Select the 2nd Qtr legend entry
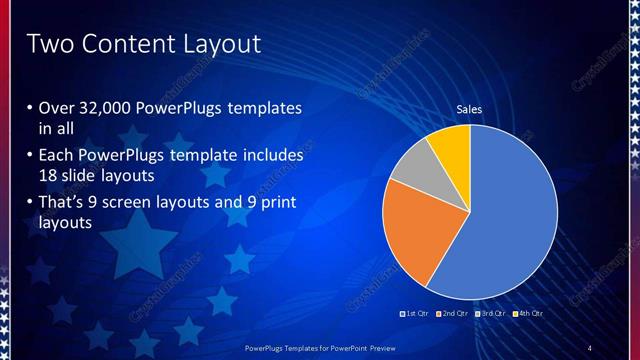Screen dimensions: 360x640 [x=455, y=314]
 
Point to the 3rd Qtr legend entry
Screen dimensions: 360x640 [x=491, y=314]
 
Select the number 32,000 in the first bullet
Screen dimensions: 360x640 [x=108, y=108]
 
